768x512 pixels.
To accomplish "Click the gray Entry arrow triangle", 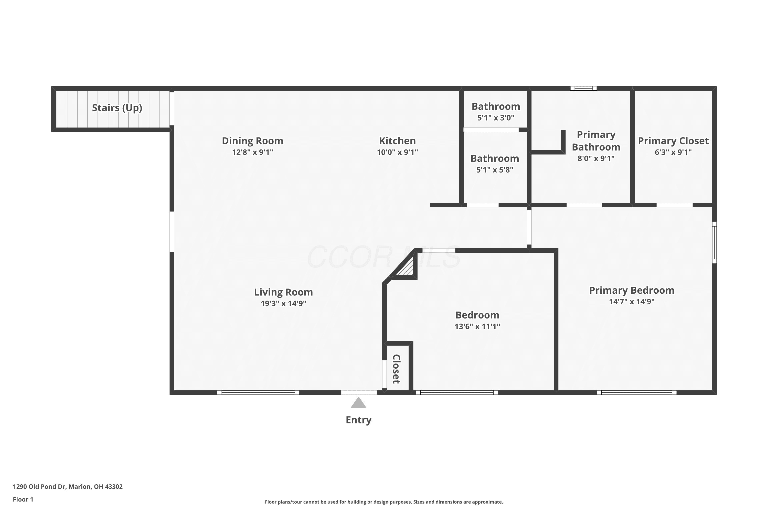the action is [x=359, y=403].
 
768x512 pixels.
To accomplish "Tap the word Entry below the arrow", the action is [x=359, y=420].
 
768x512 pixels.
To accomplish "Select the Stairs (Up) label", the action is [x=117, y=108].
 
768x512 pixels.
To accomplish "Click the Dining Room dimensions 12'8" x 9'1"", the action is [x=252, y=152].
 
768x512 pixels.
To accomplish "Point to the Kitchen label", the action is [x=397, y=141].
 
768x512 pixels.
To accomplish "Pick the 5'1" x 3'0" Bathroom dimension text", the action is [x=496, y=118].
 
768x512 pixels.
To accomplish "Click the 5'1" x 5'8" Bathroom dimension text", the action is [x=495, y=170].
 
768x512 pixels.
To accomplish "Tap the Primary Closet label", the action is [x=673, y=141].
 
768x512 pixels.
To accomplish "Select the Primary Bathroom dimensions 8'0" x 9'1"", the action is [x=596, y=158].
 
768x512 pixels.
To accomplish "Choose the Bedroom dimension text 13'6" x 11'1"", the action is [x=477, y=326].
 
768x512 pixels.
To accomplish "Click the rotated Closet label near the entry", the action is [x=396, y=369].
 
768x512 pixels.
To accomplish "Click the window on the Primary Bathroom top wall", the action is [x=583, y=88].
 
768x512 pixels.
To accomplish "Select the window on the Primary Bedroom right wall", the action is [x=714, y=243].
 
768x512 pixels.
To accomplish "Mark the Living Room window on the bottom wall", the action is [x=258, y=392].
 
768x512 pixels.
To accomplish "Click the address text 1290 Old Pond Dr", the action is [x=39, y=487].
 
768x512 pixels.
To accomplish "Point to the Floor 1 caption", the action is [x=23, y=499].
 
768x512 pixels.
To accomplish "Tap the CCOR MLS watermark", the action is [x=384, y=257].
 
